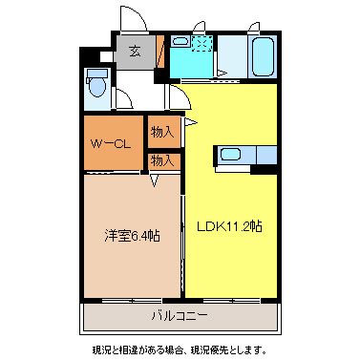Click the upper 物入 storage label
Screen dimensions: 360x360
[162, 133]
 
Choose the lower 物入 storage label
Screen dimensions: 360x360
[162, 160]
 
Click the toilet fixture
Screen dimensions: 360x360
[96, 86]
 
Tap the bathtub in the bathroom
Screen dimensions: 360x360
[261, 58]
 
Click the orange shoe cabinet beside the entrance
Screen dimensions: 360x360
[161, 55]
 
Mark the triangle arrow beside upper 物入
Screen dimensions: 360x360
[190, 123]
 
